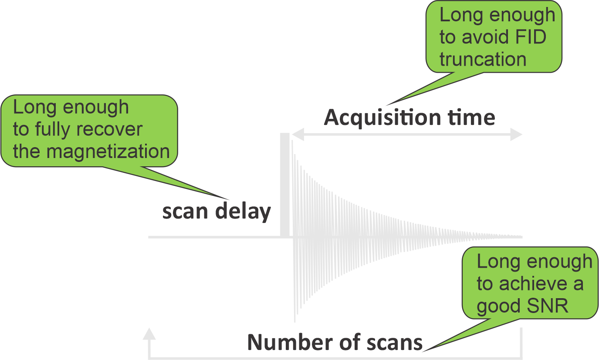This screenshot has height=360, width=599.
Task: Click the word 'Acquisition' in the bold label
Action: pyautogui.click(x=382, y=118)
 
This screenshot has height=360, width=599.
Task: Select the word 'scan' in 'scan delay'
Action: pyautogui.click(x=185, y=212)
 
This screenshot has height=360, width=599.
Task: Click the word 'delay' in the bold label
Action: pyautogui.click(x=243, y=212)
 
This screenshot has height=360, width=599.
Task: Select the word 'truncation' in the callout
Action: pyautogui.click(x=483, y=59)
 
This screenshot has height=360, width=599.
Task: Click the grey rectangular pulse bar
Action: pyautogui.click(x=285, y=185)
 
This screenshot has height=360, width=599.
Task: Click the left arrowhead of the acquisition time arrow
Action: pyautogui.click(x=298, y=134)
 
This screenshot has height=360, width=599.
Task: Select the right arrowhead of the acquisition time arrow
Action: pyautogui.click(x=516, y=134)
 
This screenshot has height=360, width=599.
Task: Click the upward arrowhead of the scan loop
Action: pyautogui.click(x=149, y=334)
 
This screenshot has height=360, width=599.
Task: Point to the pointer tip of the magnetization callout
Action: pyautogui.click(x=229, y=200)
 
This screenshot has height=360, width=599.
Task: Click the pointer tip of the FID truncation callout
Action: pyautogui.click(x=387, y=105)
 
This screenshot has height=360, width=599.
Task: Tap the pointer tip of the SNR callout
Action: pyautogui.click(x=423, y=351)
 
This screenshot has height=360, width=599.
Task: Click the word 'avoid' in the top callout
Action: pyautogui.click(x=485, y=37)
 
